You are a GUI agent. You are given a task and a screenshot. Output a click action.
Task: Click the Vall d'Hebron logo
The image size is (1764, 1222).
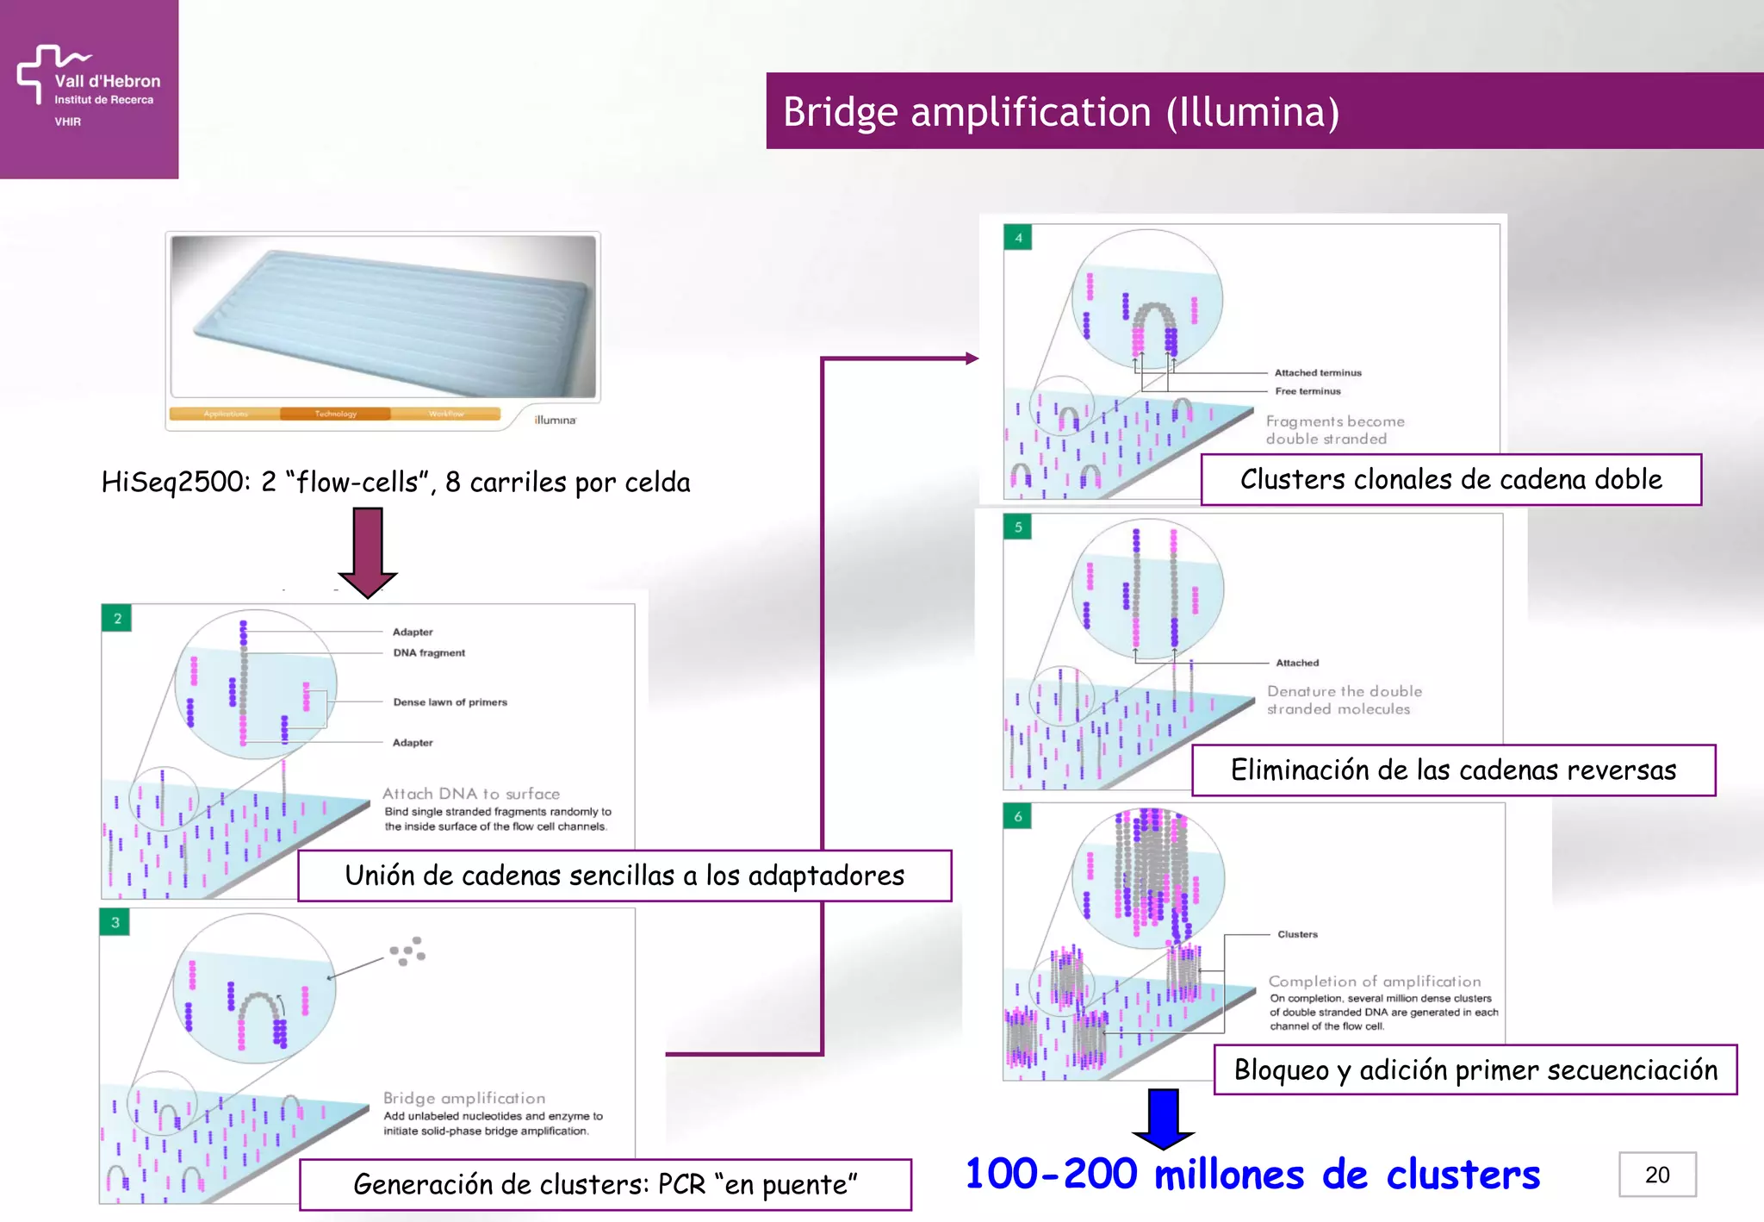pos(88,86)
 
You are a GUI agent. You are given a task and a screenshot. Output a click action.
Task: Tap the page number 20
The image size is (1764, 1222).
pos(1656,1175)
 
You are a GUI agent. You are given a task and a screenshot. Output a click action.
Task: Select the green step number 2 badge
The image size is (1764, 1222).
pos(117,618)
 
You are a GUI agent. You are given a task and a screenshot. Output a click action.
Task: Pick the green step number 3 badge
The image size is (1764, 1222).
pos(115,922)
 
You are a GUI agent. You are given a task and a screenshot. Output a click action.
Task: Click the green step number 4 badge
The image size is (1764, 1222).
pos(1018,238)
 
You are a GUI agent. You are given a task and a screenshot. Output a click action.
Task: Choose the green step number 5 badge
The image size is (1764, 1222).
pos(1018,527)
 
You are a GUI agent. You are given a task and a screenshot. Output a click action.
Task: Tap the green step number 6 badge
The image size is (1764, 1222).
pos(1018,816)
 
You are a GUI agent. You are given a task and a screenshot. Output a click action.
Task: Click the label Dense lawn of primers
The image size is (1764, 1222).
pos(450,702)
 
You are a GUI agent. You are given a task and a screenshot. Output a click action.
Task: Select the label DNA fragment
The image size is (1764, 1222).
pos(429,653)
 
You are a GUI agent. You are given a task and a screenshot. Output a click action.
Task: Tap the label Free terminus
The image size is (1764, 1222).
pos(1307,391)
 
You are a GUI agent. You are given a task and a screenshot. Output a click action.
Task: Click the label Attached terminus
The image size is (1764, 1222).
pos(1318,373)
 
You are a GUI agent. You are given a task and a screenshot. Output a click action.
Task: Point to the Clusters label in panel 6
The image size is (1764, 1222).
pos(1297,934)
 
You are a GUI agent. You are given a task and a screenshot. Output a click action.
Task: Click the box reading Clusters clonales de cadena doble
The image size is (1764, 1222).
pos(1450,479)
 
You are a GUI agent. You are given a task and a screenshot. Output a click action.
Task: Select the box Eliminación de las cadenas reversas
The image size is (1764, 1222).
pos(1453,770)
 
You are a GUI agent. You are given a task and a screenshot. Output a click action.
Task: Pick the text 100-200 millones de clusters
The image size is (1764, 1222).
pos(1252,1175)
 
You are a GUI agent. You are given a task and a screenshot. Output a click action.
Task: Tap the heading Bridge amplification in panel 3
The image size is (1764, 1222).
pos(464,1098)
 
